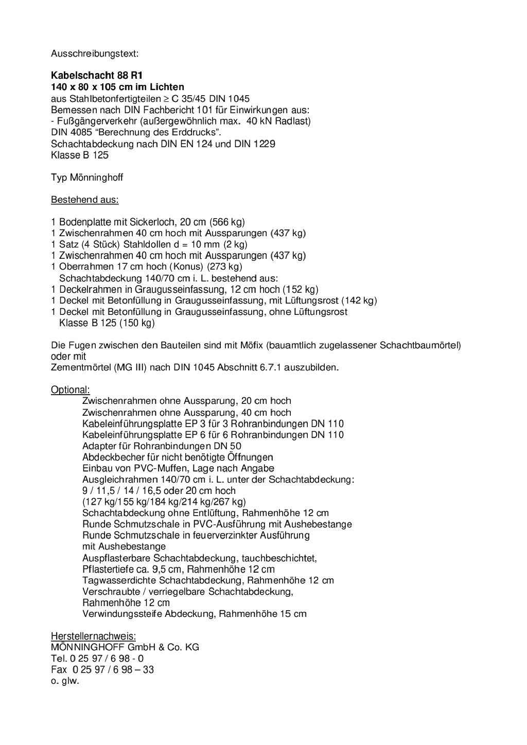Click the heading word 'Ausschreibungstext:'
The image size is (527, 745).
point(95,53)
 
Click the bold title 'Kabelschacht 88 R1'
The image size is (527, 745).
point(97,76)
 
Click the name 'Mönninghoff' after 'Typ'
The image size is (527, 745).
point(96,178)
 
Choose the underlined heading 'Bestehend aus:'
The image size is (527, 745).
point(84,200)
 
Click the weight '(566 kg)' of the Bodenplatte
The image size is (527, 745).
point(226,222)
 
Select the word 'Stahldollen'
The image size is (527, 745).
point(147,244)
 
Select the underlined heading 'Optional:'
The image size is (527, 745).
point(70,390)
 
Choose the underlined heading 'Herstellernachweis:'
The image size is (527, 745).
point(93,636)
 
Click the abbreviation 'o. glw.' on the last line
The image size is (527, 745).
point(65,681)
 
